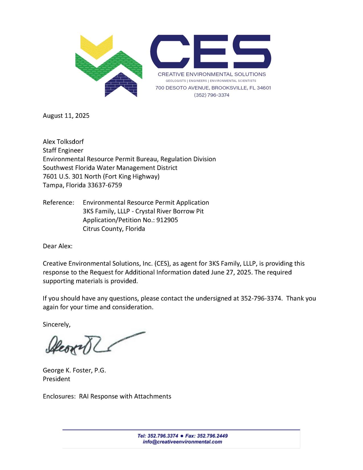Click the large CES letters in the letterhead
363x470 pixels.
(x=210, y=50)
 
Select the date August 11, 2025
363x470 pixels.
(x=66, y=116)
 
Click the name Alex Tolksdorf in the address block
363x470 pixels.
(x=63, y=142)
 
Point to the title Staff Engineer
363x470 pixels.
(x=63, y=150)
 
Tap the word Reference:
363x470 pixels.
(x=58, y=203)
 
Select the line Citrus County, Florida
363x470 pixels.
(x=114, y=229)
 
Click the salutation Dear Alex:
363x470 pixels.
(x=58, y=246)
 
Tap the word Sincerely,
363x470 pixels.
(x=56, y=324)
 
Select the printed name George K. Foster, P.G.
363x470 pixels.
(x=74, y=370)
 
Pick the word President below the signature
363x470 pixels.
(x=56, y=379)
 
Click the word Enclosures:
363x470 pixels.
(x=59, y=396)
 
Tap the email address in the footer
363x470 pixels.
(x=182, y=442)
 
